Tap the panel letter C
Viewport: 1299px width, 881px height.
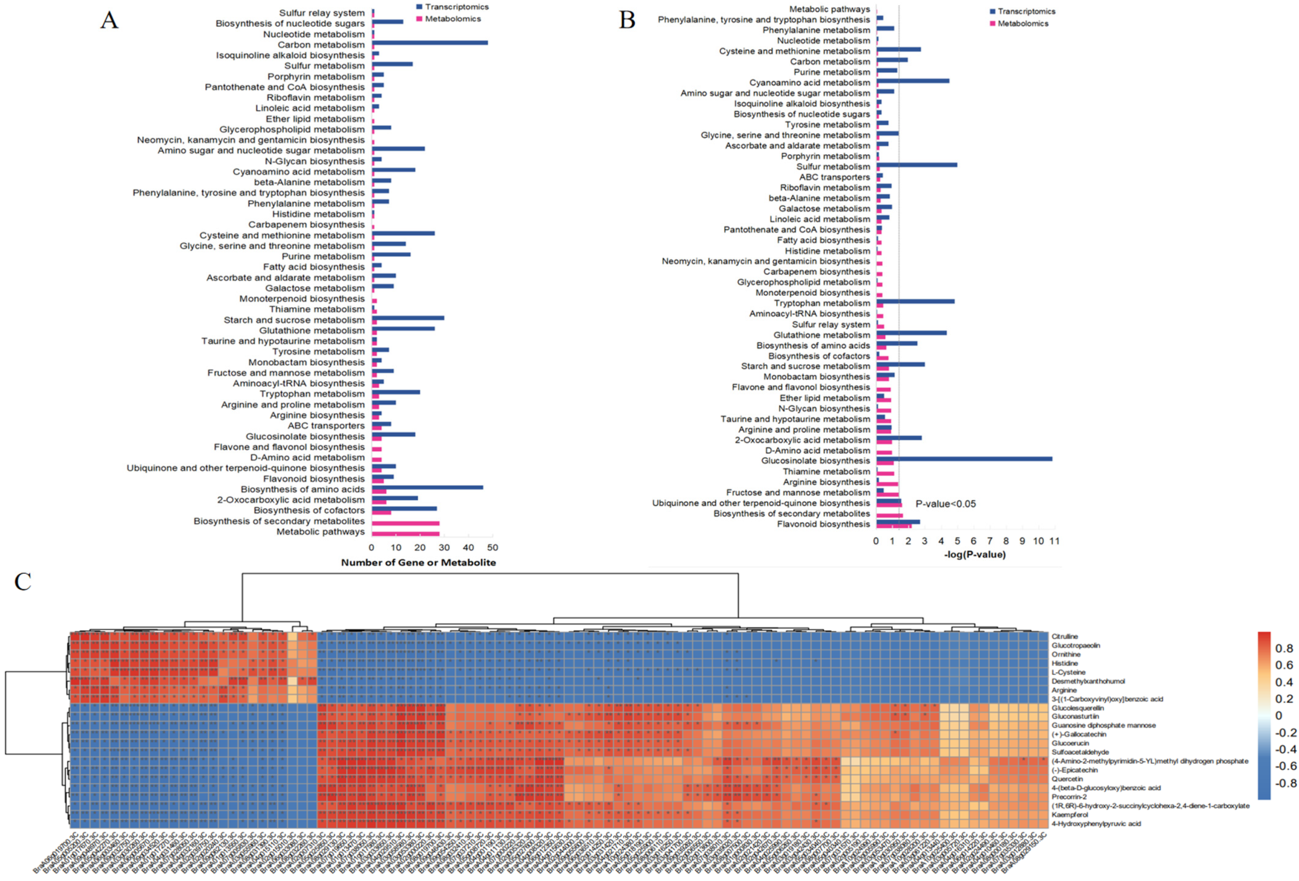click(23, 582)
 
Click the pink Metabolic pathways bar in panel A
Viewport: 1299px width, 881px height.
click(405, 534)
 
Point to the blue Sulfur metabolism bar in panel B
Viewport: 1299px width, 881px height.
click(917, 165)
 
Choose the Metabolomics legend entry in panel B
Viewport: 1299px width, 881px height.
click(1022, 24)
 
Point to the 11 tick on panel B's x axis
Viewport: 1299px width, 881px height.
click(1054, 541)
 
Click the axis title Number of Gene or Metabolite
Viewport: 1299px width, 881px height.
click(418, 563)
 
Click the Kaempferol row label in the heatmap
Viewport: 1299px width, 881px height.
click(1069, 814)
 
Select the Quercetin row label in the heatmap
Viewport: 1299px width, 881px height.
click(1067, 779)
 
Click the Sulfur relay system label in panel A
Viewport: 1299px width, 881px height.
click(322, 13)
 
